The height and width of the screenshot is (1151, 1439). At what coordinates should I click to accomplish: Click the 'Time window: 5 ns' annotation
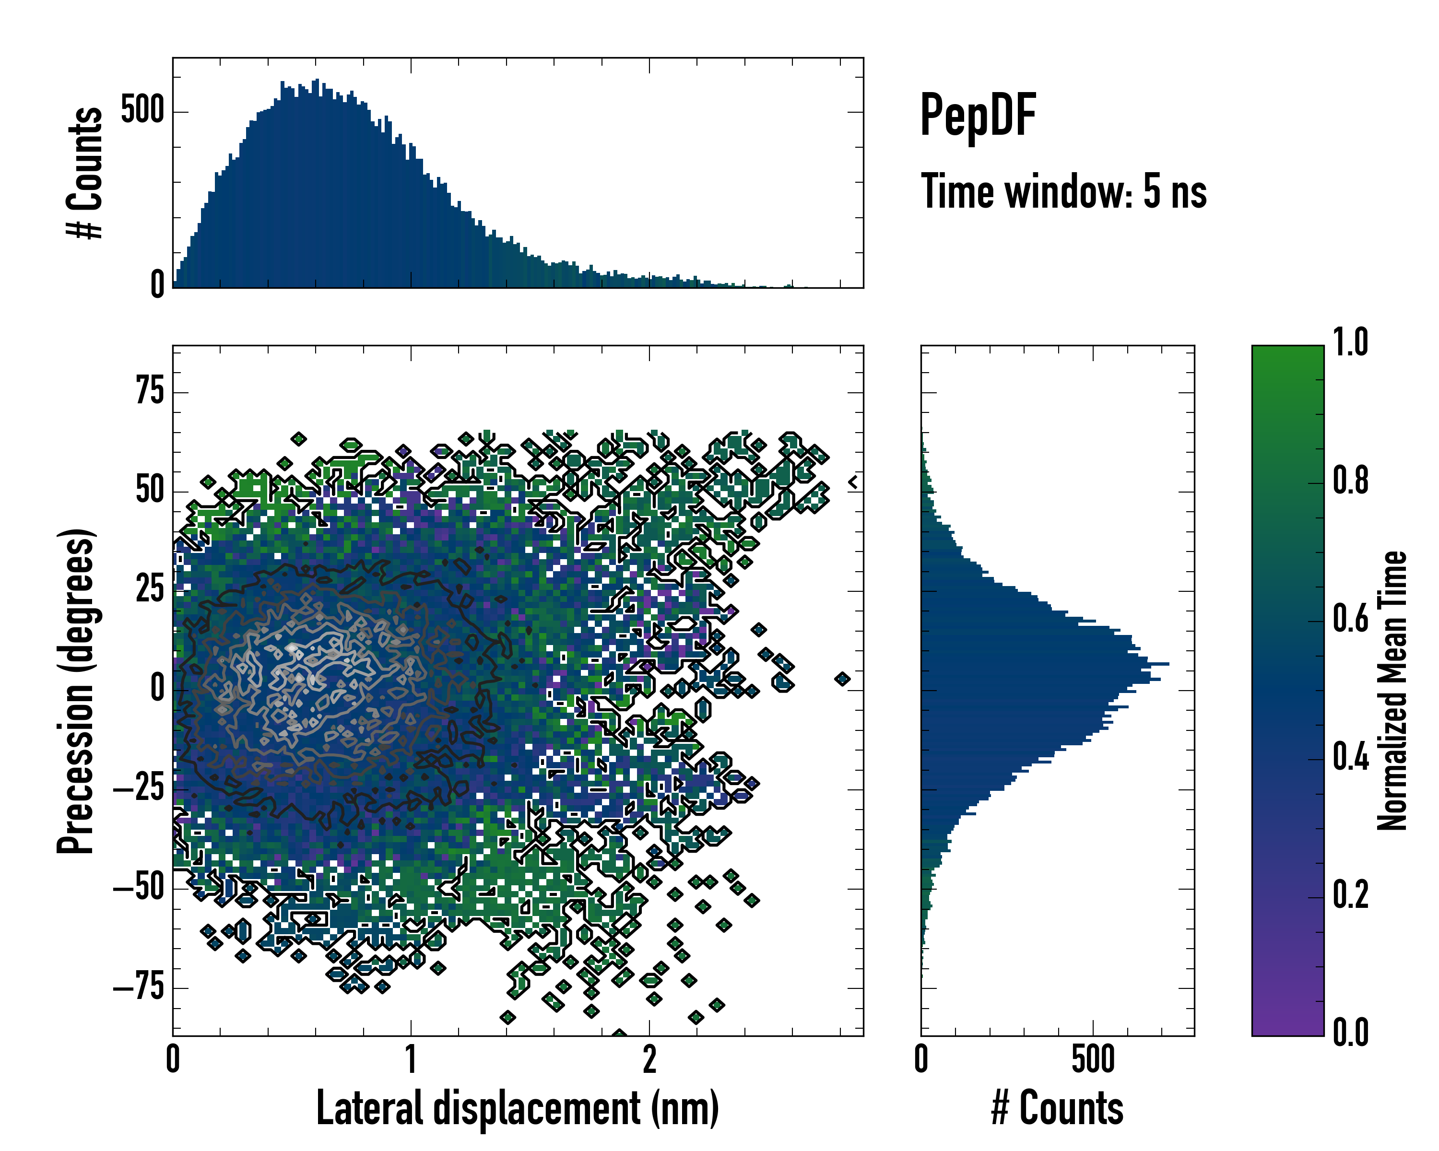coord(1063,191)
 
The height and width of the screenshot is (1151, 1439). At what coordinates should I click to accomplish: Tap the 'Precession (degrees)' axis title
coord(75,691)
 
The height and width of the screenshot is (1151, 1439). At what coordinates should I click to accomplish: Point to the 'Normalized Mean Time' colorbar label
coord(1392,691)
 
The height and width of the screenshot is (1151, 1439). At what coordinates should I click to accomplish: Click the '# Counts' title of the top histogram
coord(85,172)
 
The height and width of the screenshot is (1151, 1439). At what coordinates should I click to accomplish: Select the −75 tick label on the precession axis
coord(139,986)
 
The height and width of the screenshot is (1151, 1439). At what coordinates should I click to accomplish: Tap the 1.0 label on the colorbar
coord(1350,342)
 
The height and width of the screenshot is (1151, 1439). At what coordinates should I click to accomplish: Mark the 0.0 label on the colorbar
coord(1350,1032)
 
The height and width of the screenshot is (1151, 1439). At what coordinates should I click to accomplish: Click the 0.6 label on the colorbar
coord(1350,619)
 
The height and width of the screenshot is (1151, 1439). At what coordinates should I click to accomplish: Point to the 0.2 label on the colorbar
coord(1350,894)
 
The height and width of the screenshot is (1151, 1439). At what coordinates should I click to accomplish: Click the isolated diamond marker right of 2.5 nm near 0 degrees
coord(842,679)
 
